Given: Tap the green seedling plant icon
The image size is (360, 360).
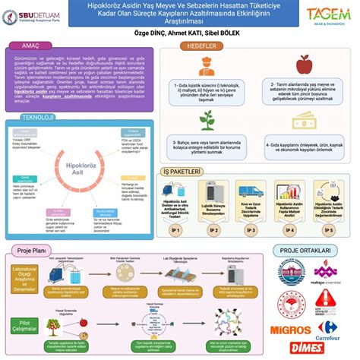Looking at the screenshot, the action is pyautogui.click(x=207, y=120).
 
